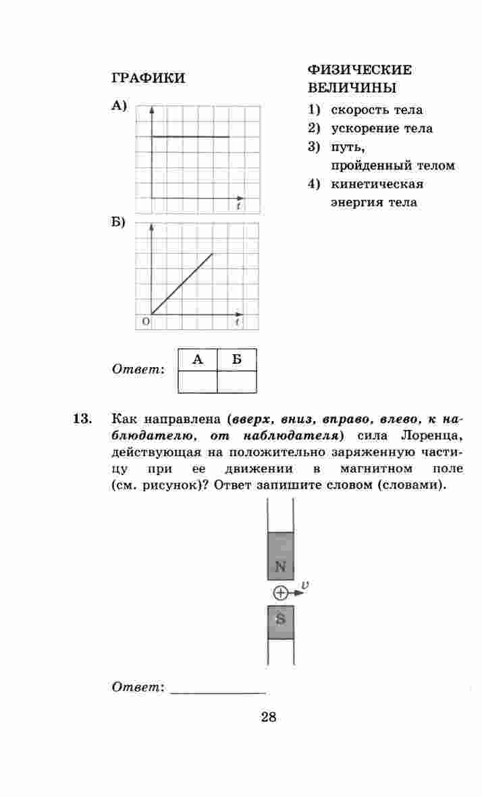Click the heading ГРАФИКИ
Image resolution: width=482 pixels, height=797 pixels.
point(147,78)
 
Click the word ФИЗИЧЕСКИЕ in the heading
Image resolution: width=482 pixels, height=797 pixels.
point(359,70)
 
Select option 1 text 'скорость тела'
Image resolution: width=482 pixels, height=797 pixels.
point(377,109)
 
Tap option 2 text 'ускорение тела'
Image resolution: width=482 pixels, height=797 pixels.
point(381,128)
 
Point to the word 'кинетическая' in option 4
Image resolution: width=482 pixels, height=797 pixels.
point(377,184)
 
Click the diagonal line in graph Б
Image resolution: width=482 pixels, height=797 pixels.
point(182,284)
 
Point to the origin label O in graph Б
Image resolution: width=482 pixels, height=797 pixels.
point(144,323)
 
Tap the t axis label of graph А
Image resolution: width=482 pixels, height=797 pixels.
point(238,207)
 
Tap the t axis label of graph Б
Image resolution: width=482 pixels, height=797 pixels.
point(238,323)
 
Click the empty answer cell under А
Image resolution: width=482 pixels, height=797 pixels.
point(197,382)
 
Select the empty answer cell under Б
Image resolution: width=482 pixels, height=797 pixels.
point(237,382)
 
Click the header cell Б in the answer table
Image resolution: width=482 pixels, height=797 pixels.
point(237,360)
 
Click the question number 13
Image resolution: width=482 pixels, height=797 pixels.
point(82,419)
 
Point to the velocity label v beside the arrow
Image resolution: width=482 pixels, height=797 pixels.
point(305,585)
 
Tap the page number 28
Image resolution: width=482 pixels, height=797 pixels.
point(268,717)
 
